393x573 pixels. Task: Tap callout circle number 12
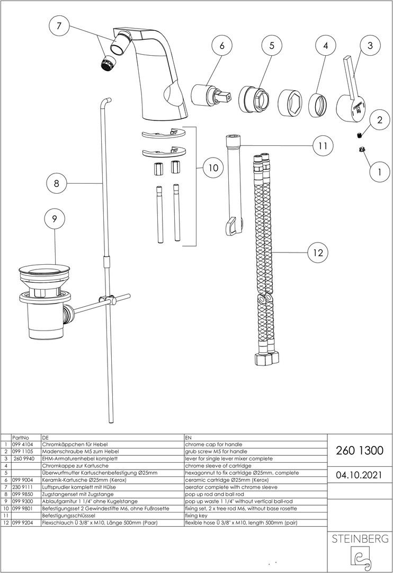pyautogui.click(x=317, y=253)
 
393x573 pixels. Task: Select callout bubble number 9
pyautogui.click(x=55, y=218)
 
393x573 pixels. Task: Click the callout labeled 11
pyautogui.click(x=322, y=145)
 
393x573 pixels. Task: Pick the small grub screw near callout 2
pyautogui.click(x=359, y=134)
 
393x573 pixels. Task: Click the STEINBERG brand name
pyautogui.click(x=360, y=539)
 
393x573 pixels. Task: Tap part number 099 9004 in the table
pyautogui.click(x=23, y=480)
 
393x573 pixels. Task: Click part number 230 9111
pyautogui.click(x=23, y=487)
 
